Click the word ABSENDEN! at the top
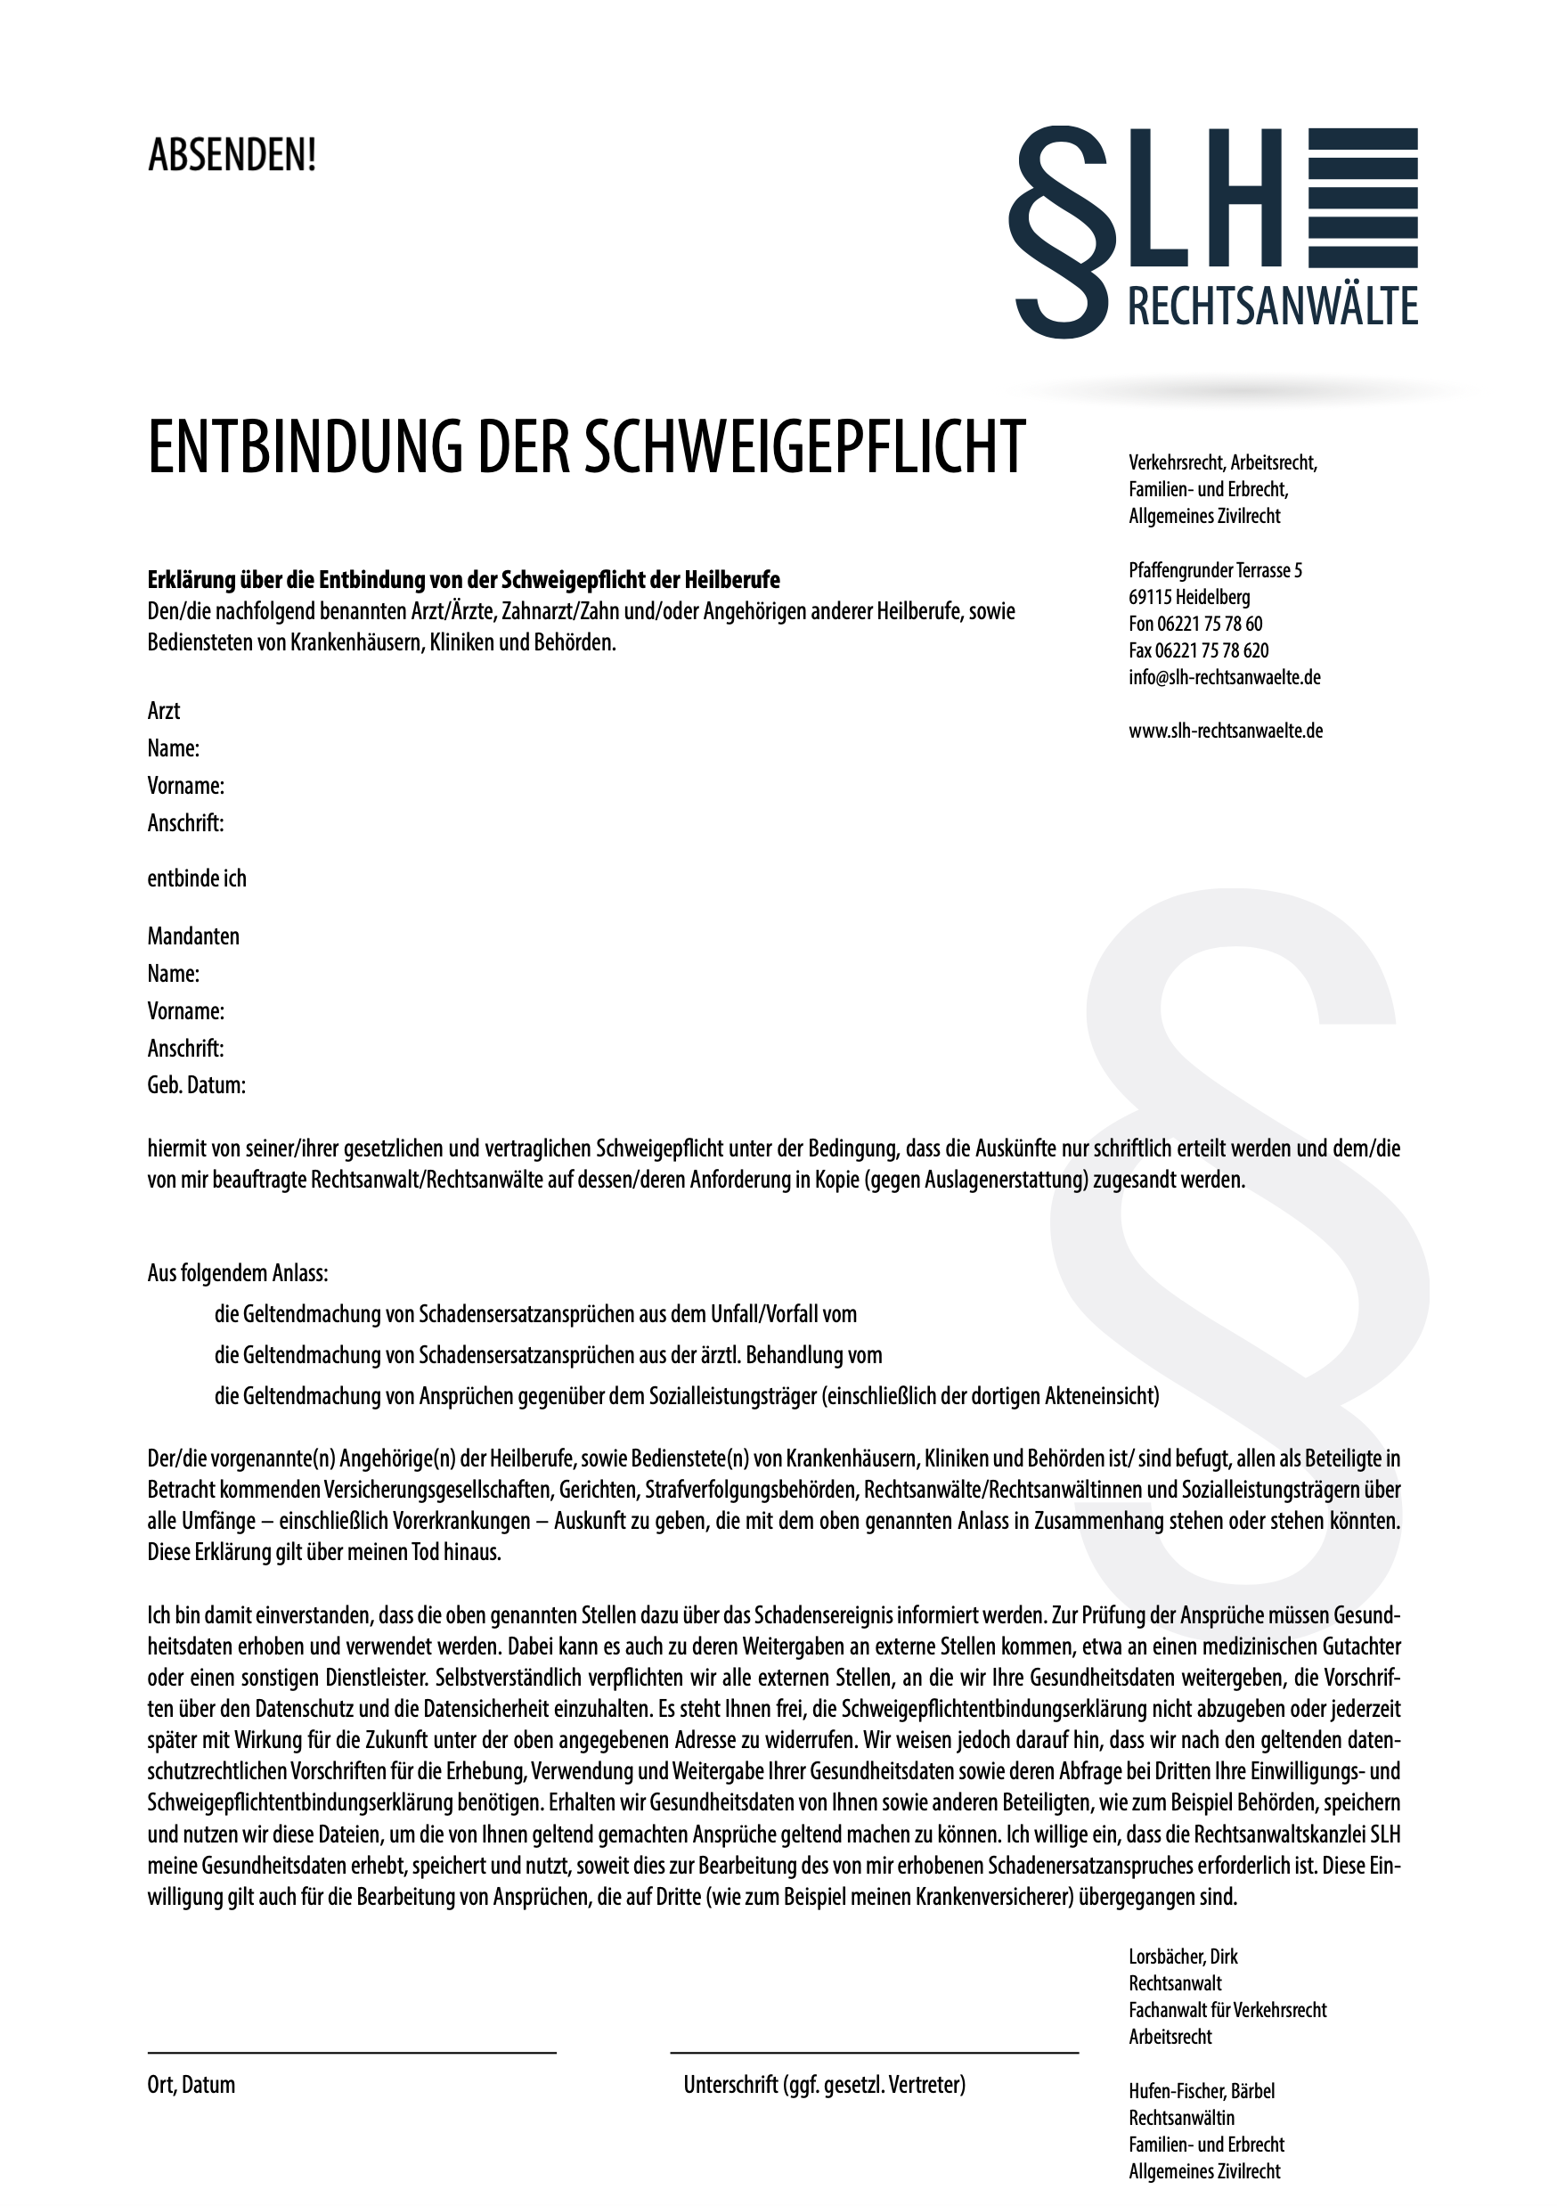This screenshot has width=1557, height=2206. coord(232,156)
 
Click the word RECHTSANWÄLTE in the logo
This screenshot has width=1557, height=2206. coord(1272,306)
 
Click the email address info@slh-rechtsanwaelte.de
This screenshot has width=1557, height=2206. coord(1224,677)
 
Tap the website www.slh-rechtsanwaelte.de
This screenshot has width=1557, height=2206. coord(1226,731)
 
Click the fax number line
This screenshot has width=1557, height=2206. coord(1198,650)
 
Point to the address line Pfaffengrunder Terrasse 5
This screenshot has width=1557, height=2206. coord(1215,571)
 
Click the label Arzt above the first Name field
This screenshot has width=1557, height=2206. coord(163,711)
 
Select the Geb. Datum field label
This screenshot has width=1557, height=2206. coord(196,1086)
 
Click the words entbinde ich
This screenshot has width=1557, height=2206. coord(196,879)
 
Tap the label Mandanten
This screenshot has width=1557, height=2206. coord(193,936)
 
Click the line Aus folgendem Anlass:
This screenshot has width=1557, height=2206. coord(237,1274)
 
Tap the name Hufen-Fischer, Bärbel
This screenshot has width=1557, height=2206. coord(1202,2092)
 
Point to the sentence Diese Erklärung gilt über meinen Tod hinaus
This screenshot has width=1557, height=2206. coord(323,1553)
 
